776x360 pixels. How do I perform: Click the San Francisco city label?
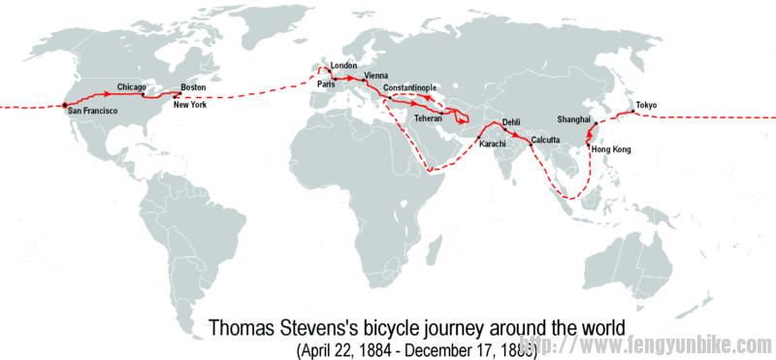coord(92,112)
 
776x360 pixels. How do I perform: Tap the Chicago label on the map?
coord(131,86)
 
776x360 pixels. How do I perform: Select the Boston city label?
coord(193,87)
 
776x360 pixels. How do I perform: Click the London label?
coord(343,66)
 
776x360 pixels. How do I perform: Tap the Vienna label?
coord(374,76)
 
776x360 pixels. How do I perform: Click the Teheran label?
coord(429,117)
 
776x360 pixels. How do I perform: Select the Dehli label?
coord(512,122)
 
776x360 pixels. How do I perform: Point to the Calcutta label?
coord(547,140)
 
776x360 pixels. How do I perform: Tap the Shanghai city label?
coord(574,118)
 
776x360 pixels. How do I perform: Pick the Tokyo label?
coord(647,105)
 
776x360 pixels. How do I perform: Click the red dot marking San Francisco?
coord(65,104)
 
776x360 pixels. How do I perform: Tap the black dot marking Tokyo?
coord(630,112)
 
